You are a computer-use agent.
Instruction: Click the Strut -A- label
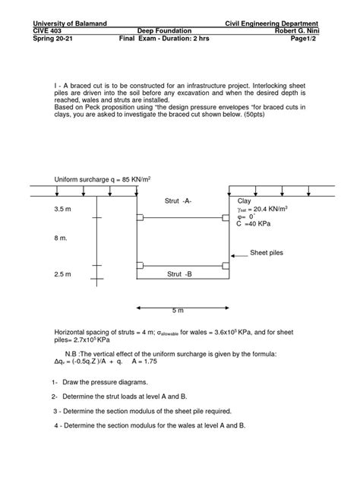click(178, 200)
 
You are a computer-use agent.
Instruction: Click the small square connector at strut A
click(226, 218)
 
